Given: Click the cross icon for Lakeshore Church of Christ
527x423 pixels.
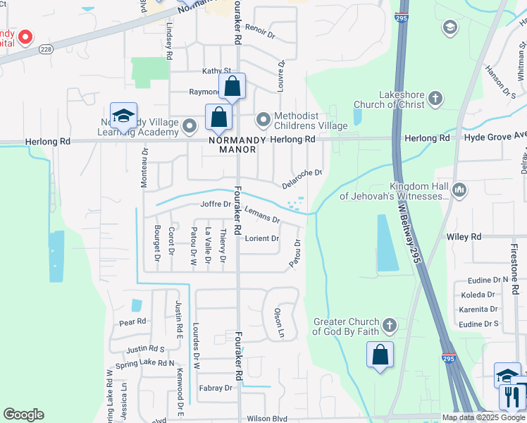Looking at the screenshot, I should point(436,98).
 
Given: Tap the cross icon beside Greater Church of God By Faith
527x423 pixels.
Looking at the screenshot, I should point(389,326).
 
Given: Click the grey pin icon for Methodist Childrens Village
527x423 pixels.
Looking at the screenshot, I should point(263,120).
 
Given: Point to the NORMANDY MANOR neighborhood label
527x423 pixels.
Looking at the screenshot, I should point(237,145).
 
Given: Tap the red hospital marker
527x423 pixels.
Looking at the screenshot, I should point(25,37).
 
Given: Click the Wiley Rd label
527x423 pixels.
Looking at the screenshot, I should point(464,238).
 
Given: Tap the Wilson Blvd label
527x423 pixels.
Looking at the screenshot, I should point(268,418).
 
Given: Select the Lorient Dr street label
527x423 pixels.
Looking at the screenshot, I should point(261,238).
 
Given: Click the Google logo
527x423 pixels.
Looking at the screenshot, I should point(23,415).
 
